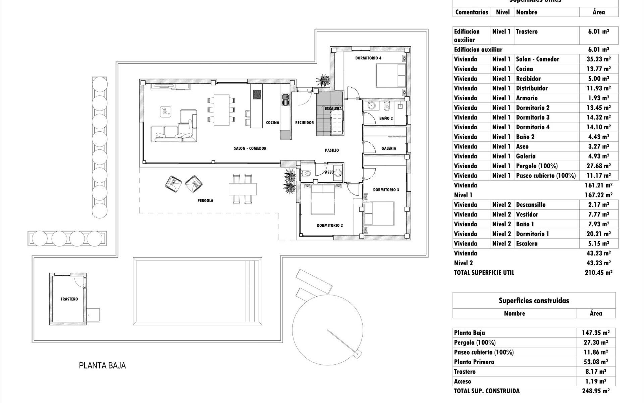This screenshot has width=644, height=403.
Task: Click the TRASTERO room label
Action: click(69, 299)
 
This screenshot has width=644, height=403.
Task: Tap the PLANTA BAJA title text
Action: click(102, 365)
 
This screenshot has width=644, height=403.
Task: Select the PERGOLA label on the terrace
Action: click(205, 200)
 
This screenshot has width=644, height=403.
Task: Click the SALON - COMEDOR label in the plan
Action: click(250, 148)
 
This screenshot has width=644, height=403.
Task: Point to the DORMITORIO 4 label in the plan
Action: click(368, 58)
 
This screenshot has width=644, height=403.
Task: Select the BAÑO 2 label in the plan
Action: click(386, 118)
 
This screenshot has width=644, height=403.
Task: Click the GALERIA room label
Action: click(388, 148)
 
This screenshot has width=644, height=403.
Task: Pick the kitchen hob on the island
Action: click(257, 94)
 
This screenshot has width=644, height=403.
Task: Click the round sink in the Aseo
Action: click(338, 173)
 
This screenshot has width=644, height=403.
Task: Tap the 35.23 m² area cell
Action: click(599, 59)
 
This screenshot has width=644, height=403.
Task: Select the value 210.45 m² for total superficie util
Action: click(599, 272)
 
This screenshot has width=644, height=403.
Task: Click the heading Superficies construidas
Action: click(534, 301)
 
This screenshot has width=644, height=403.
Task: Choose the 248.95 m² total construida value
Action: click(596, 391)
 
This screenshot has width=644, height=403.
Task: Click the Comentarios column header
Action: click(472, 12)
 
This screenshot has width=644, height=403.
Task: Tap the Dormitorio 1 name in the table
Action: click(532, 234)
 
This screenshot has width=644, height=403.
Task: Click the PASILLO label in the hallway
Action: click(332, 150)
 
